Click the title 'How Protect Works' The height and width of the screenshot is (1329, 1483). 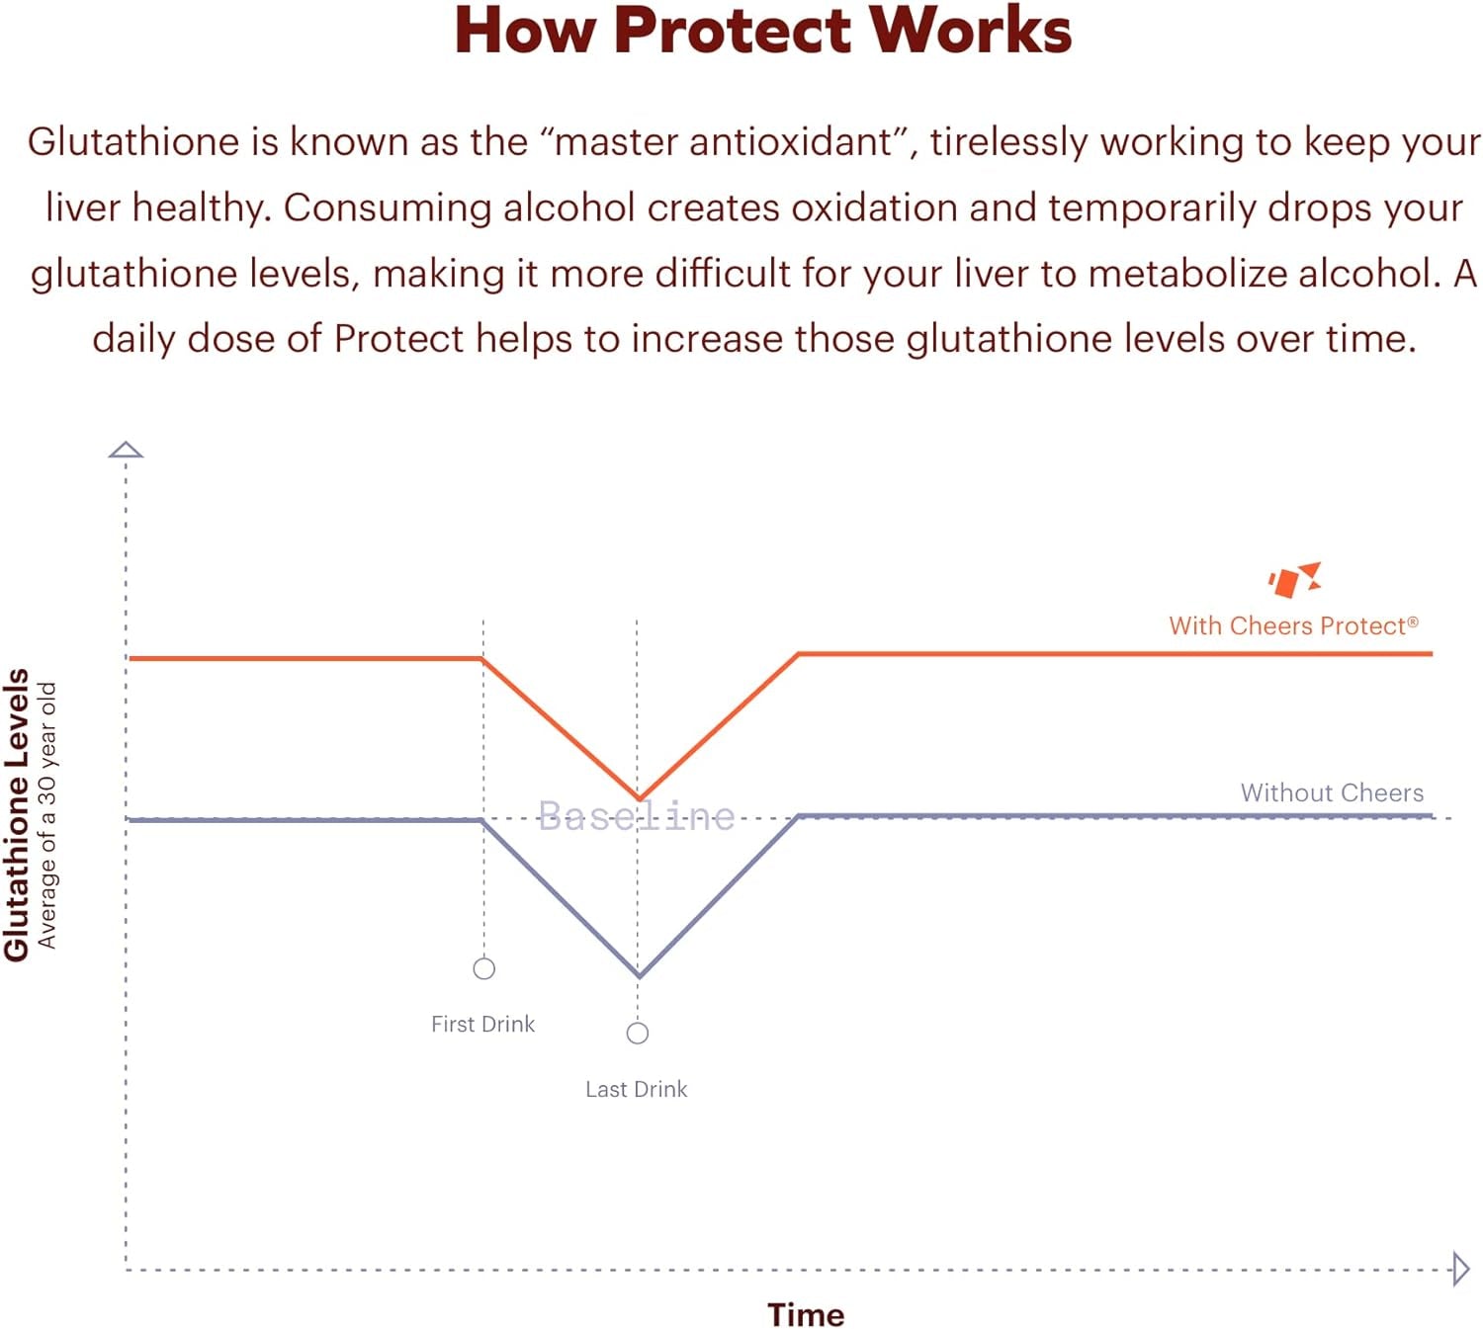click(x=762, y=31)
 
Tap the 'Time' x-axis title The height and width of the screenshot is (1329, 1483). click(x=805, y=1314)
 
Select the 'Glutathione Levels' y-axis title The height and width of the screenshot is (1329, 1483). click(x=16, y=814)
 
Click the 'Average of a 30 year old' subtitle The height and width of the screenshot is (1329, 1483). click(x=46, y=815)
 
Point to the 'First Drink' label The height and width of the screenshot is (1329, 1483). click(x=482, y=1024)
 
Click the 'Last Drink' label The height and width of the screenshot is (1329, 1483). click(x=636, y=1089)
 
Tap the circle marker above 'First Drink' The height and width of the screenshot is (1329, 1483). click(x=483, y=968)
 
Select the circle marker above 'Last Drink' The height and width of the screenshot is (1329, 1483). click(x=638, y=1034)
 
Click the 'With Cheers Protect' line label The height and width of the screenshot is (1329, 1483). click(x=1293, y=625)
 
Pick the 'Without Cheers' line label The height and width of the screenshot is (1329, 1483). click(x=1332, y=792)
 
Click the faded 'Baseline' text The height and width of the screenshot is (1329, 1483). click(x=637, y=816)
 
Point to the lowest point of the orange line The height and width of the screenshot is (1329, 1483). click(x=639, y=798)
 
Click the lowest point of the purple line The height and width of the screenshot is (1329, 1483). click(x=639, y=976)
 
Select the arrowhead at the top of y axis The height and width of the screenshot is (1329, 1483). click(x=126, y=450)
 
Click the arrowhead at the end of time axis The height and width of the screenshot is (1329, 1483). click(x=1461, y=1269)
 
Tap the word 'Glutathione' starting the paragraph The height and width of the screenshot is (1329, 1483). click(x=133, y=141)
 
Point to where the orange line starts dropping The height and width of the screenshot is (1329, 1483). click(x=480, y=659)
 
